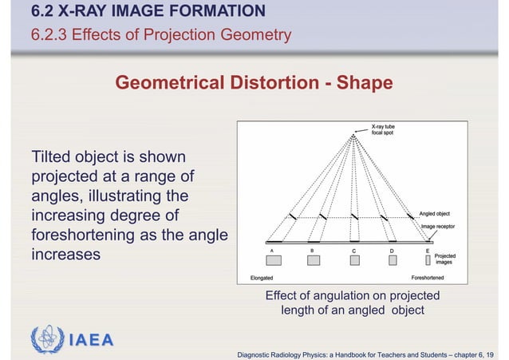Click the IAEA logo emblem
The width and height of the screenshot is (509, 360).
tap(45, 339)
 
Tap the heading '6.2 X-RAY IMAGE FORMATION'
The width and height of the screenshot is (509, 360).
tap(148, 11)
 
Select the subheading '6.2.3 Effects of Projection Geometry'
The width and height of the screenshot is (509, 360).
tap(160, 35)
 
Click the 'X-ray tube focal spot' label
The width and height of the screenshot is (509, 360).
tap(388, 129)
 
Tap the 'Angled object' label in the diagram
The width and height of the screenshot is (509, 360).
tap(434, 214)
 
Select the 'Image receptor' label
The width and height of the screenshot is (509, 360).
tap(438, 227)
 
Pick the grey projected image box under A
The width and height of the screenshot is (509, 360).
tap(274, 261)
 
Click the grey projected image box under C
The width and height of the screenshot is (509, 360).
tap(353, 260)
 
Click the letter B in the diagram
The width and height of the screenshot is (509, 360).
tap(311, 250)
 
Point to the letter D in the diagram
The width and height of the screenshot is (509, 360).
tap(391, 250)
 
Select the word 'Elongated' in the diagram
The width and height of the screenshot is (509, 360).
tap(261, 278)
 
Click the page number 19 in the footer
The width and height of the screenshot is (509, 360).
tap(488, 353)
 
